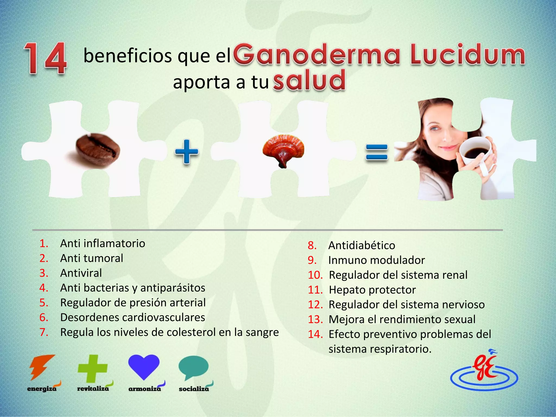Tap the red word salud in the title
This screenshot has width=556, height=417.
tap(309, 80)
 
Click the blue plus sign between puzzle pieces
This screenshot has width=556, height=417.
tap(187, 152)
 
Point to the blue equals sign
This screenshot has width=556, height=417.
tap(377, 153)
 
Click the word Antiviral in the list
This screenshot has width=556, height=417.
tap(81, 273)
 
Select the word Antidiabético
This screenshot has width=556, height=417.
tap(362, 245)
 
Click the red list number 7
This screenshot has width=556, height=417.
tap(44, 333)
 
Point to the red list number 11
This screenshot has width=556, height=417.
tap(315, 290)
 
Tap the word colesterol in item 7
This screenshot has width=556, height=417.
tap(190, 332)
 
